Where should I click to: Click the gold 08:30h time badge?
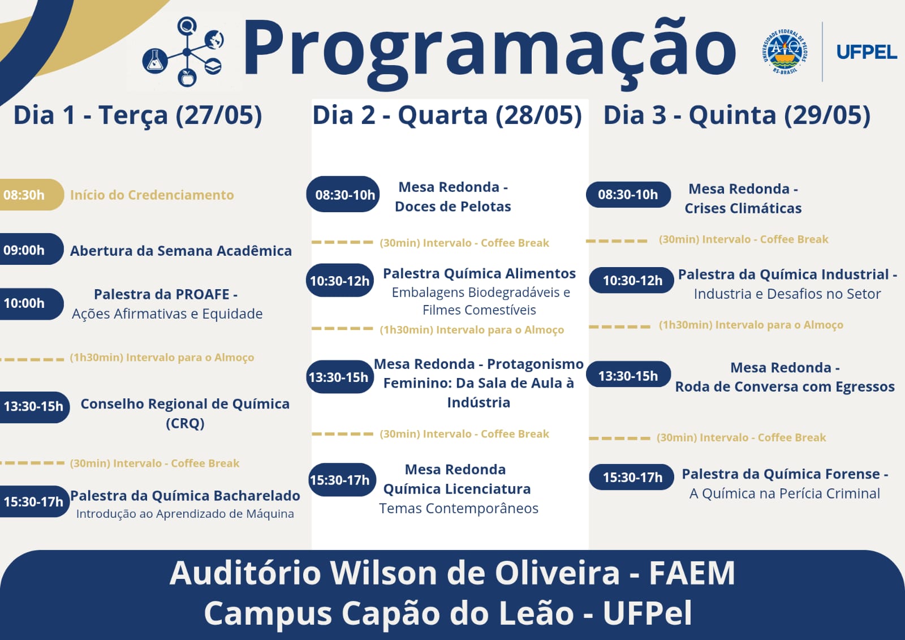tap(32, 195)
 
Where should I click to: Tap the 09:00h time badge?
tap(32, 249)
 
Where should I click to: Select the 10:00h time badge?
tap(32, 304)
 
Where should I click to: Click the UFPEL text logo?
tap(867, 52)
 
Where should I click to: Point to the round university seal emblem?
tap(785, 51)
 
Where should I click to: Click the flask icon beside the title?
tap(155, 61)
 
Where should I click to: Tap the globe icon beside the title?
tap(214, 40)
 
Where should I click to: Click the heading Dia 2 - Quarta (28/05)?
tap(447, 115)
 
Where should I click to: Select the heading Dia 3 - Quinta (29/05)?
tap(736, 115)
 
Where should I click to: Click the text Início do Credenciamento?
tap(152, 195)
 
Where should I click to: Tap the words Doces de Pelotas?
tap(453, 207)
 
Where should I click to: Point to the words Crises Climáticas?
tap(743, 208)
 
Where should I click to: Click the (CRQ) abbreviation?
tap(185, 423)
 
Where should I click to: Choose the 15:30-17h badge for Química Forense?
tap(631, 477)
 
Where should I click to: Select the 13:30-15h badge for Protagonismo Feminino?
tap(340, 377)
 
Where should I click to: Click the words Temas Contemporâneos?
tap(459, 508)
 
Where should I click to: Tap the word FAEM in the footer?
tap(692, 573)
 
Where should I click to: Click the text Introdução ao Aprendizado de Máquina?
tap(185, 514)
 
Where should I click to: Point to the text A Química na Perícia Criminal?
tap(785, 493)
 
